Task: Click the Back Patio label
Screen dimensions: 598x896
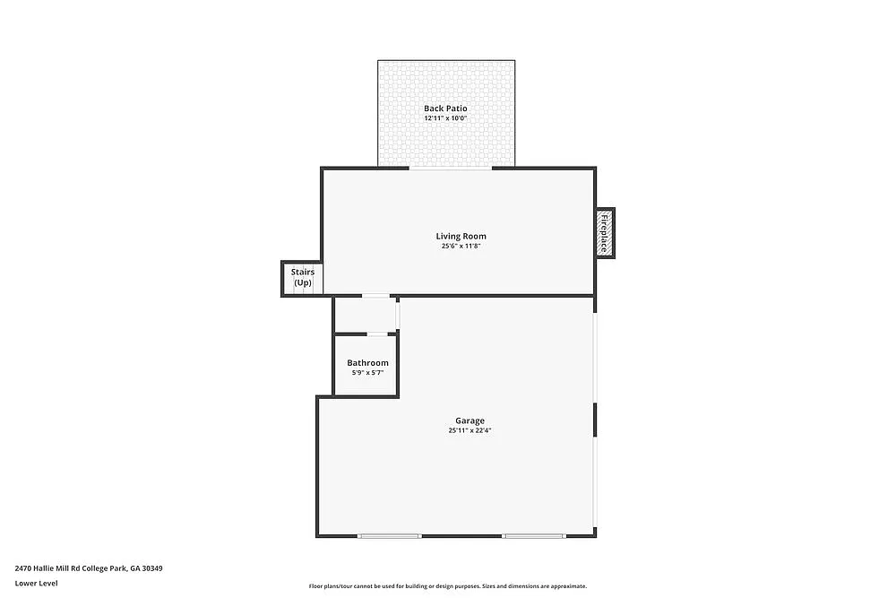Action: click(x=445, y=108)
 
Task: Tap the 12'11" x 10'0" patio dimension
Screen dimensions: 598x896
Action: click(x=445, y=118)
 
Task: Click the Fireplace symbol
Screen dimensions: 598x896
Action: click(x=607, y=232)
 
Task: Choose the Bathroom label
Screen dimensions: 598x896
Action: click(x=367, y=363)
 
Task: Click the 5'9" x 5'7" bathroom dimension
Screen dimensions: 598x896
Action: click(x=367, y=373)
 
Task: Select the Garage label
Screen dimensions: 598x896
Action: click(x=470, y=420)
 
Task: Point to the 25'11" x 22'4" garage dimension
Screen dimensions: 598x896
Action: click(x=470, y=430)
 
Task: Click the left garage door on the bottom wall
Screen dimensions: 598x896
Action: click(x=390, y=536)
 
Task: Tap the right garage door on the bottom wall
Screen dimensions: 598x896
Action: click(x=534, y=536)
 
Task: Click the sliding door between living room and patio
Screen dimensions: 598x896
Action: click(x=450, y=168)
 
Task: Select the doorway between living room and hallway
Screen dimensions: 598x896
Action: click(x=375, y=296)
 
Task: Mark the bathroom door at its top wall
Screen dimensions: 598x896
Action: click(x=378, y=334)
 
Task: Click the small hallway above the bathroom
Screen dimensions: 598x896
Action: click(x=365, y=315)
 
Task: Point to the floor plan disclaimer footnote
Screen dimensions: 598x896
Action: click(x=447, y=585)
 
